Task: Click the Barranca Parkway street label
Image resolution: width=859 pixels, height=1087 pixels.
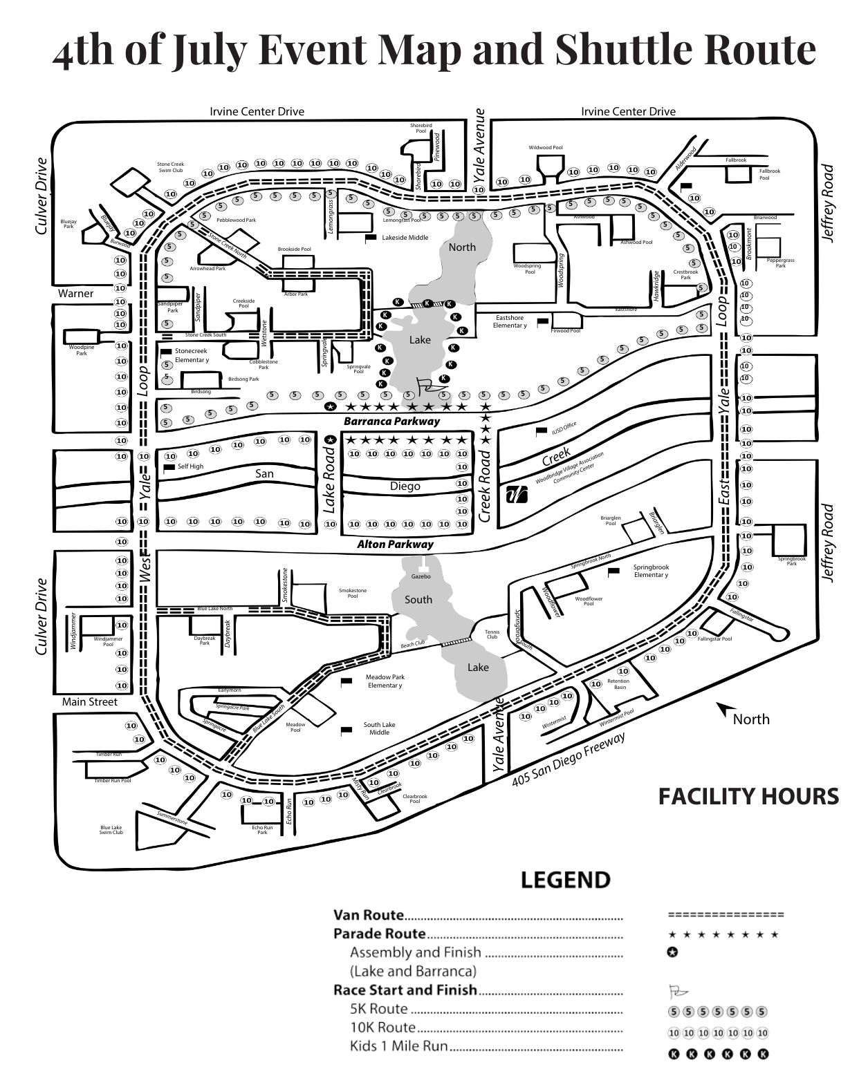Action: tap(391, 421)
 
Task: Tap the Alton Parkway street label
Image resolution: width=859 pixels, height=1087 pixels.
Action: tap(395, 545)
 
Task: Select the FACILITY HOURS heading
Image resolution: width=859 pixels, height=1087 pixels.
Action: tap(748, 797)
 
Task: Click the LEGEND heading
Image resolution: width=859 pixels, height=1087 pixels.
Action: tap(566, 880)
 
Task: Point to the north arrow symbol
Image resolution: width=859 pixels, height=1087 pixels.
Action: tap(726, 710)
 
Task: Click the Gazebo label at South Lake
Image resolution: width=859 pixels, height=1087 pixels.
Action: tap(421, 576)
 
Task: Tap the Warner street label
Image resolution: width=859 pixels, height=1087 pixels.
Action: tap(75, 294)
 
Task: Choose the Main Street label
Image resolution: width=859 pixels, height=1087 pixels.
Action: tap(90, 702)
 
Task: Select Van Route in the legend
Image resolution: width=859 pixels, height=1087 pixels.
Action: tap(369, 915)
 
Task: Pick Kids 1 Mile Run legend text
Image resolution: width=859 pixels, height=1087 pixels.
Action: tap(398, 1046)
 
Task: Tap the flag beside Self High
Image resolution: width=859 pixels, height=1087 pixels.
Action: tap(169, 468)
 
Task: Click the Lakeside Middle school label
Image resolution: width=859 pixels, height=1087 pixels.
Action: tap(405, 238)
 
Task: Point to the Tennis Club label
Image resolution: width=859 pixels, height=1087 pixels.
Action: tap(492, 634)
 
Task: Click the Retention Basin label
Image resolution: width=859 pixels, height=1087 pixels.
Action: tap(619, 684)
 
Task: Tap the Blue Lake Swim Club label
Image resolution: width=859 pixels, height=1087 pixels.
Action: tap(111, 830)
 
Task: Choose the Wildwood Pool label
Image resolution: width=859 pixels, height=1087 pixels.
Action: tap(546, 148)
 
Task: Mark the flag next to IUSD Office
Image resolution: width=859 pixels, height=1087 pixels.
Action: tap(542, 431)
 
